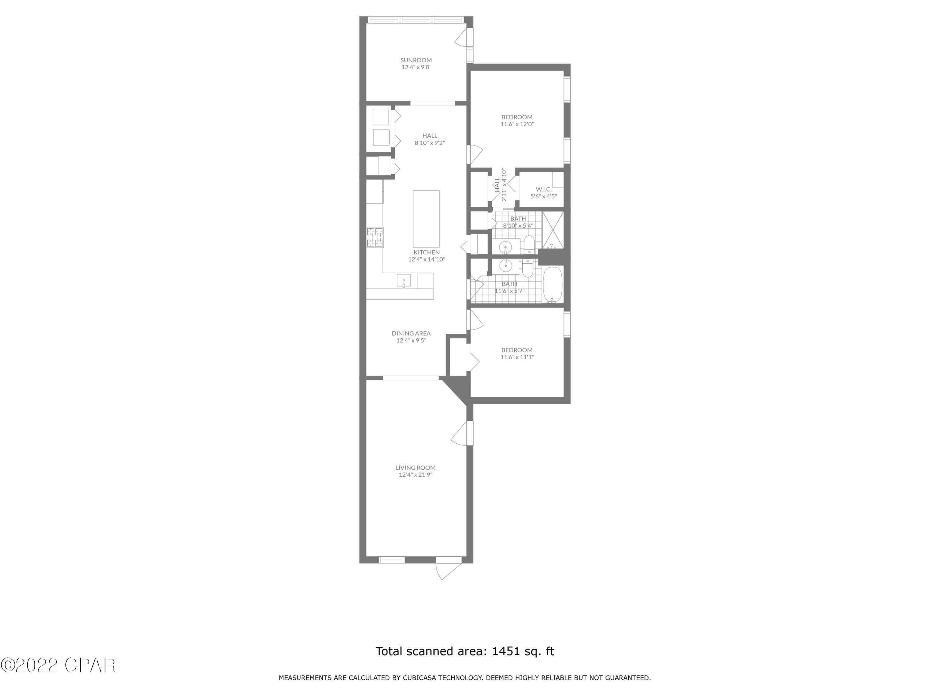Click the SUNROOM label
(x=416, y=60)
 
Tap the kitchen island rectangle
(x=426, y=218)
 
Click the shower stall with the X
(x=552, y=230)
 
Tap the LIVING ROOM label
(x=415, y=467)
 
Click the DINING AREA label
(x=411, y=333)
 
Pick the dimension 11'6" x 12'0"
(x=517, y=124)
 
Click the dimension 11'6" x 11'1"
(x=517, y=357)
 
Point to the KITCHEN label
(x=426, y=252)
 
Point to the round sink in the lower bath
(x=505, y=265)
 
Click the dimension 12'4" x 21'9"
(x=415, y=475)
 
